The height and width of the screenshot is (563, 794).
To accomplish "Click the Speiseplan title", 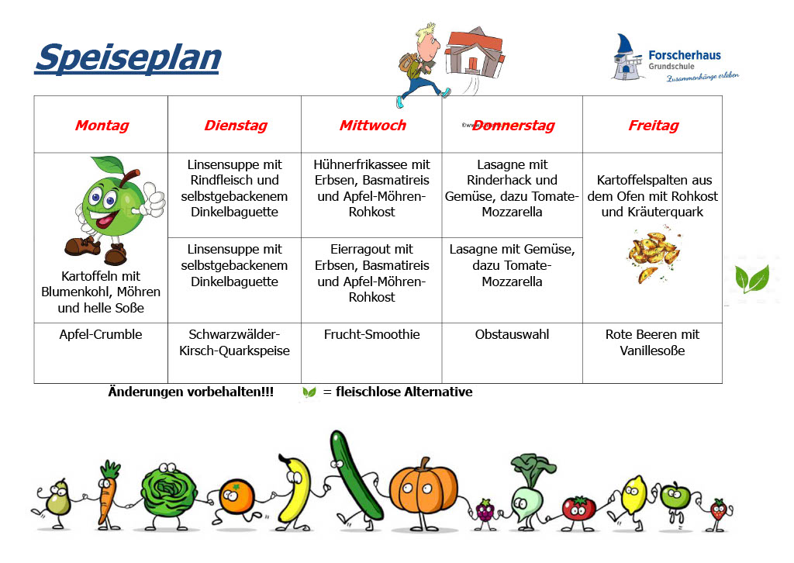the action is coord(128,57).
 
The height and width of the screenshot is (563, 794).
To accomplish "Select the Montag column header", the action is coord(102,125).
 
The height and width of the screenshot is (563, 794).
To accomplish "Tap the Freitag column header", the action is coord(653,125).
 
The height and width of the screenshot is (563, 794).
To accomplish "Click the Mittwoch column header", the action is coord(372,125).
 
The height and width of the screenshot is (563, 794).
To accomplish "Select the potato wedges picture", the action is coord(654,256).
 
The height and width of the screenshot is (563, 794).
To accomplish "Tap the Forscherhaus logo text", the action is coord(685,55).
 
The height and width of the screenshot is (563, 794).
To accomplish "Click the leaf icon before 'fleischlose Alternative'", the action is coord(309,392).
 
